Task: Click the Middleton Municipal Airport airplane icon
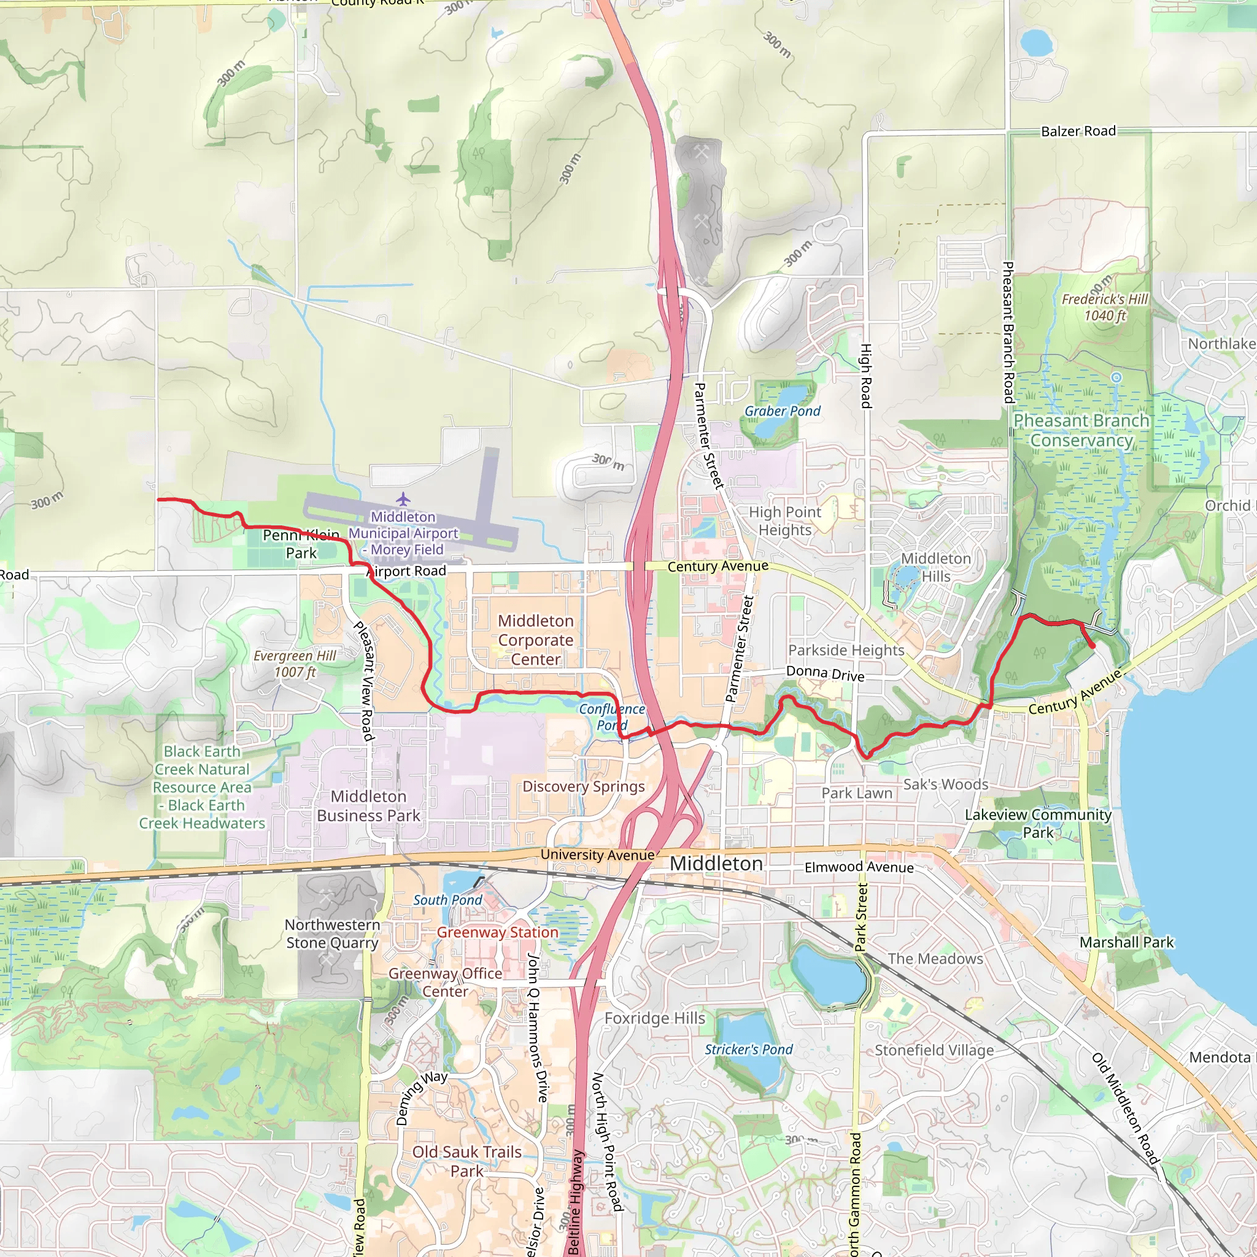click(x=403, y=500)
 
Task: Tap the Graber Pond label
click(x=782, y=411)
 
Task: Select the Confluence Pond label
click(x=611, y=717)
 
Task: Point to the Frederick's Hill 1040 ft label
click(x=1105, y=307)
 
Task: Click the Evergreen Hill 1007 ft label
click(x=295, y=663)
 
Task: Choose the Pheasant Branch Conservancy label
click(x=1081, y=430)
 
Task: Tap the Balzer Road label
click(x=1078, y=131)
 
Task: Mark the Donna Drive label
click(x=825, y=673)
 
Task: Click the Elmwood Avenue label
click(x=859, y=867)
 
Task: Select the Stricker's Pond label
click(x=748, y=1050)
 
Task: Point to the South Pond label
click(x=447, y=900)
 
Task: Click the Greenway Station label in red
click(x=497, y=932)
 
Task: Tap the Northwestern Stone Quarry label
click(x=332, y=934)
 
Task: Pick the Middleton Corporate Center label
click(x=535, y=640)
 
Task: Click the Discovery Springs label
click(x=584, y=787)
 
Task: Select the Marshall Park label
click(x=1126, y=942)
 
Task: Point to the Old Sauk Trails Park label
click(x=466, y=1161)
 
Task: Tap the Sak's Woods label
click(x=945, y=784)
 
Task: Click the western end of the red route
click(x=159, y=500)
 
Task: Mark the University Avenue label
click(x=597, y=855)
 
